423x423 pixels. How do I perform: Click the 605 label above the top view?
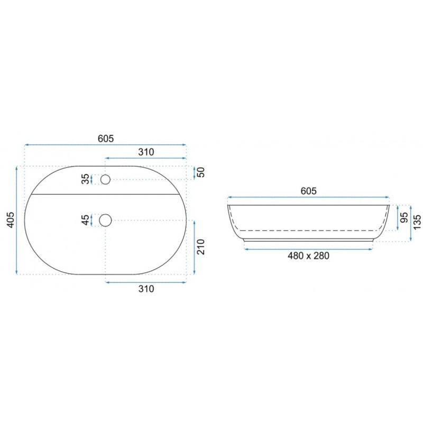tap(106, 139)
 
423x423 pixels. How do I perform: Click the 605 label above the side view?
tap(308, 191)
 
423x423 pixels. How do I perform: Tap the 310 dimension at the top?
tap(146, 152)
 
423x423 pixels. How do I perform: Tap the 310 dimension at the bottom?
tap(146, 289)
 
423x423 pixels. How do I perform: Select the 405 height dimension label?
tap(10, 220)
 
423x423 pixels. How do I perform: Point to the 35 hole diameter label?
tap(85, 179)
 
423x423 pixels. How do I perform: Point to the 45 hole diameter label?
tap(85, 220)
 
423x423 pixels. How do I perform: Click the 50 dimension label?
tap(201, 172)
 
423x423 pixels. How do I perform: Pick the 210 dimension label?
tap(201, 247)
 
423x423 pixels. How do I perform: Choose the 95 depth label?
tap(404, 217)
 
